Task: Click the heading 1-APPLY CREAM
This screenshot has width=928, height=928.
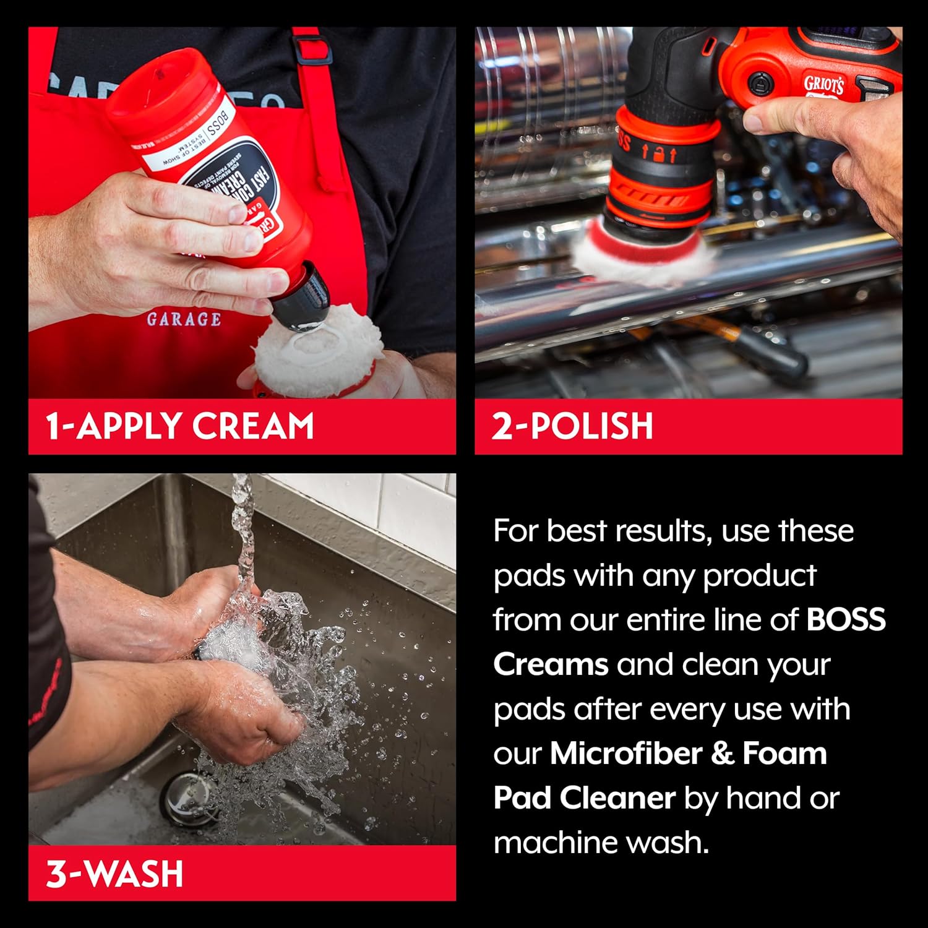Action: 180,426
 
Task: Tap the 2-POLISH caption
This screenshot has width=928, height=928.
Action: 572,426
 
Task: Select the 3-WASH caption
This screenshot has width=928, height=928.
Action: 115,874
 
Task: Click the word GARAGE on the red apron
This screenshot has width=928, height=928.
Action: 184,319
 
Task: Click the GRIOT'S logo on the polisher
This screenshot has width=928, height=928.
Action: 823,85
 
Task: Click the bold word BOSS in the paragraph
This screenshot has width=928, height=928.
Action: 846,620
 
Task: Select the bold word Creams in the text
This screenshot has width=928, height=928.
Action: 551,664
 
